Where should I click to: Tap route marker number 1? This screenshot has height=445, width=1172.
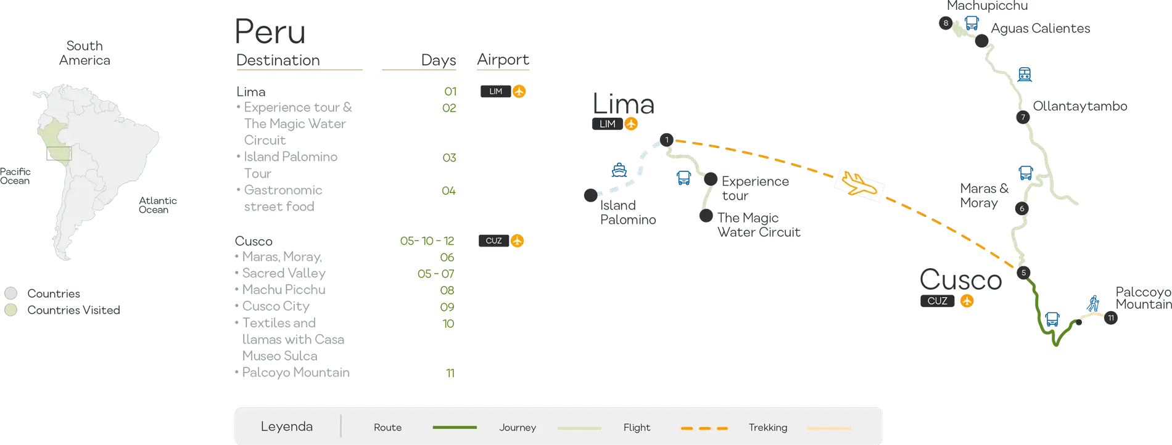(x=666, y=140)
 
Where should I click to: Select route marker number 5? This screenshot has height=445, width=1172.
(x=1023, y=273)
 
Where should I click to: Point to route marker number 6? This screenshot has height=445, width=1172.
(x=1021, y=208)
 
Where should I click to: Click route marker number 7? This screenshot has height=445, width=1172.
(x=1022, y=118)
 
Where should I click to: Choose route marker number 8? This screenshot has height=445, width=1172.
(x=946, y=23)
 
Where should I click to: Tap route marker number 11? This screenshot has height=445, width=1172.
(x=1110, y=318)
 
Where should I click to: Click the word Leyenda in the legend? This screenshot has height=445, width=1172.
(x=286, y=427)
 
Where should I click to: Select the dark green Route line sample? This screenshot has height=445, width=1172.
(x=455, y=427)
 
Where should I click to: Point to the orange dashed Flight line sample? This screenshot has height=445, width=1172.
(x=704, y=428)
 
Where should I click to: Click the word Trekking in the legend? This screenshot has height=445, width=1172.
(x=767, y=427)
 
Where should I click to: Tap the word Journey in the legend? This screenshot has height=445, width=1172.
(x=517, y=427)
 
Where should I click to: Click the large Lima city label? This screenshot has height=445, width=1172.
(x=622, y=103)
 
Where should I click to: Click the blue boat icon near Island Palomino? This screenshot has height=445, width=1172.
(x=618, y=170)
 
